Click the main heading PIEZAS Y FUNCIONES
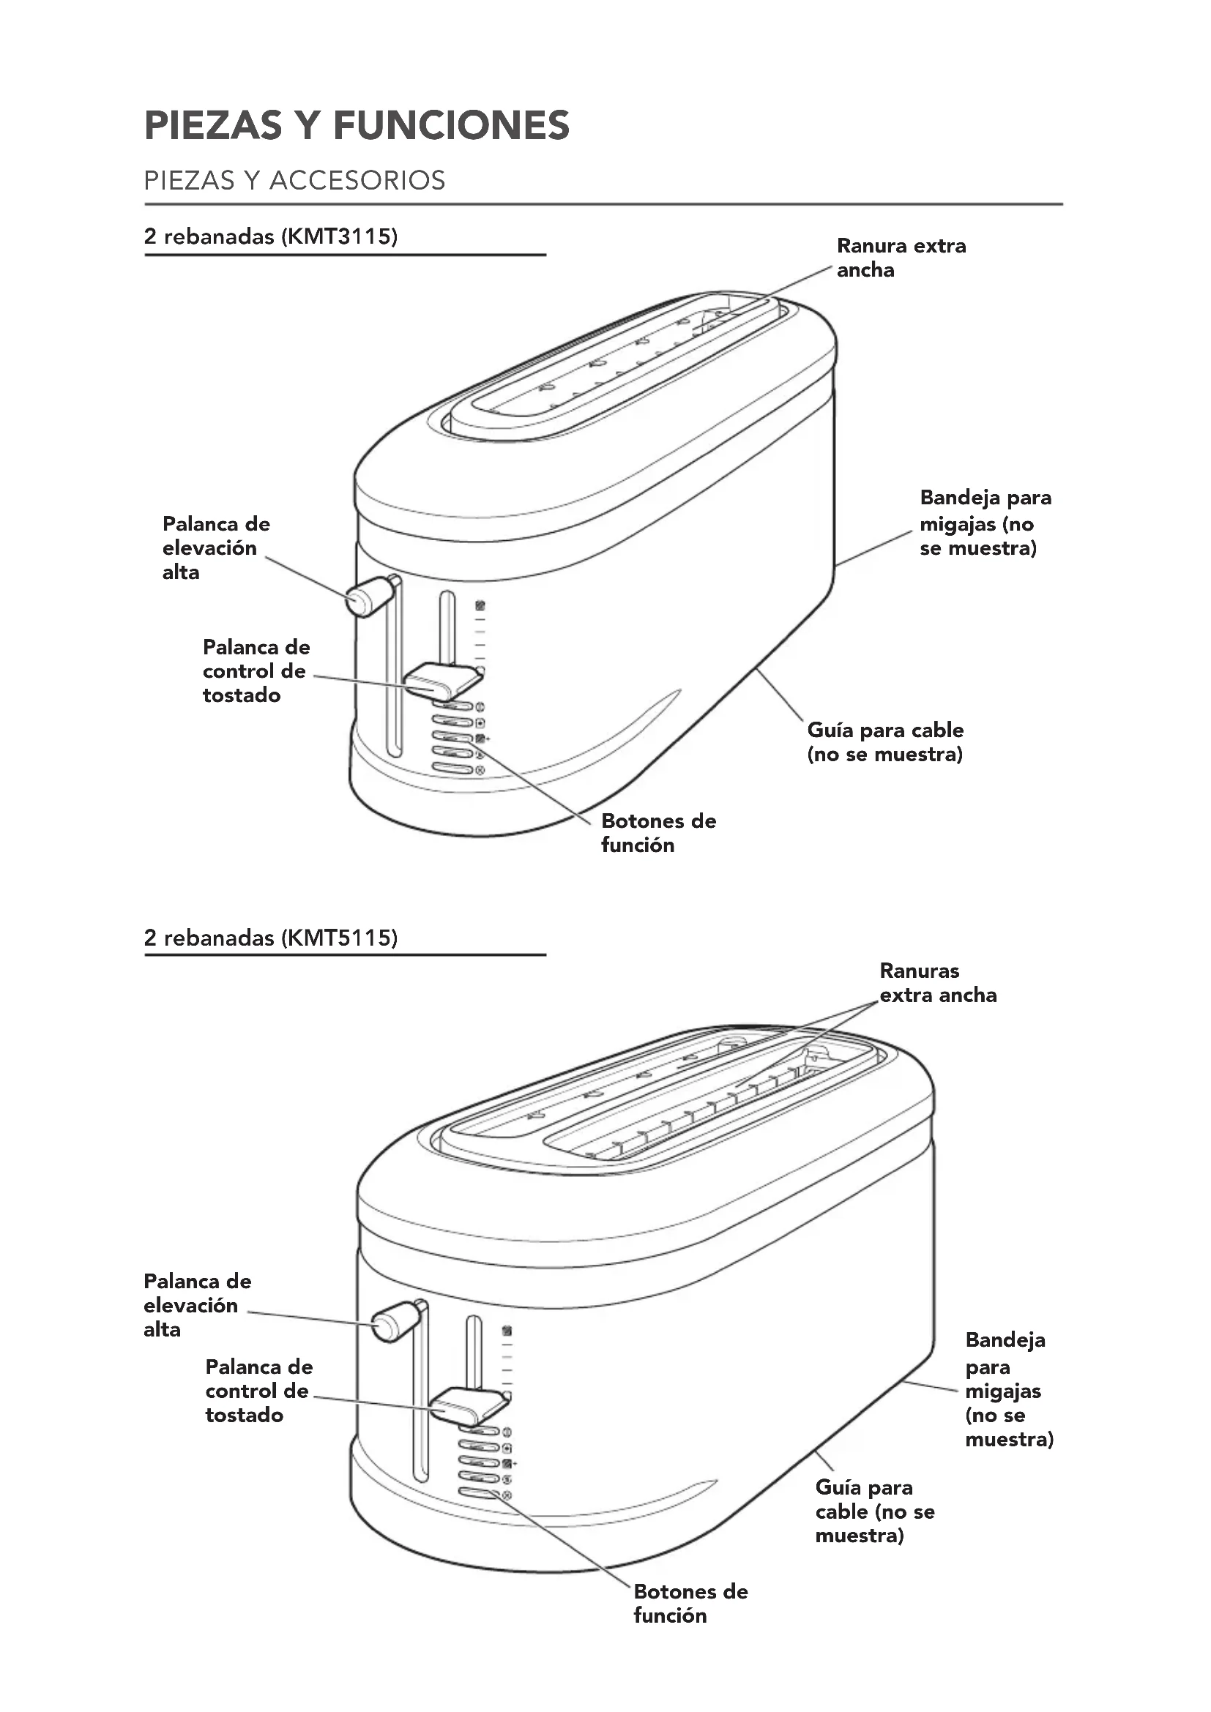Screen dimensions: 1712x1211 (357, 125)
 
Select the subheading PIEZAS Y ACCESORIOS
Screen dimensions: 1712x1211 (294, 181)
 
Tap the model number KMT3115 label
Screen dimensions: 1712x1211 (339, 236)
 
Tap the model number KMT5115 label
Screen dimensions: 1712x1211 (339, 938)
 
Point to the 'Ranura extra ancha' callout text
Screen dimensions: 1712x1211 (901, 257)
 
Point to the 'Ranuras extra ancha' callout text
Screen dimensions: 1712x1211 (937, 983)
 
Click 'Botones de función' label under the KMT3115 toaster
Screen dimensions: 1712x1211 (657, 833)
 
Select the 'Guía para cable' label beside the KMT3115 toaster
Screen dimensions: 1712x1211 (885, 742)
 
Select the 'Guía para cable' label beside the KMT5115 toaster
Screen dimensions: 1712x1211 (874, 1511)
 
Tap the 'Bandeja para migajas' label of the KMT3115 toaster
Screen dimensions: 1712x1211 (984, 523)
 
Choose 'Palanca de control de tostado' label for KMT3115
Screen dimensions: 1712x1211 (256, 670)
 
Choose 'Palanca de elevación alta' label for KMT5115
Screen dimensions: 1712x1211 (197, 1305)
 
